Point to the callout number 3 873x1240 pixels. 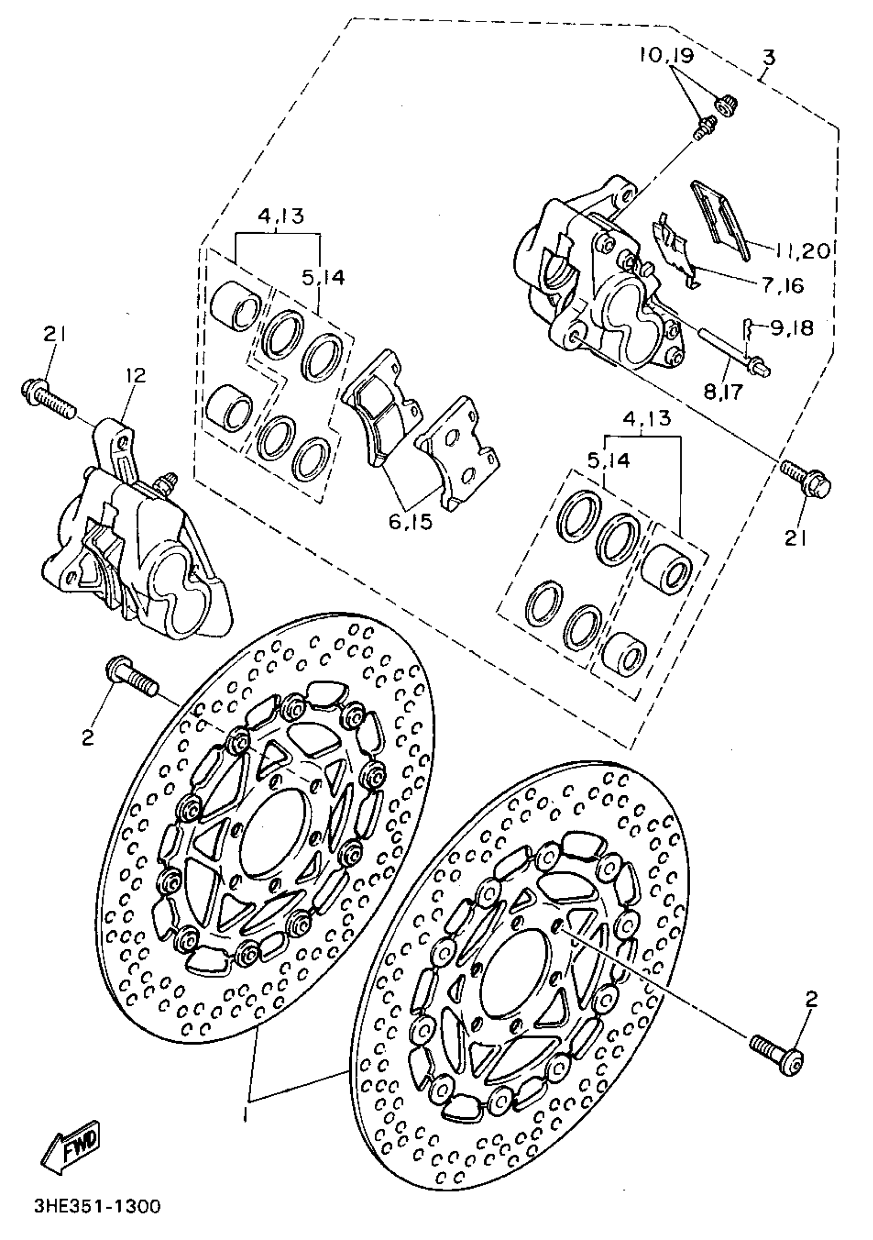coord(768,57)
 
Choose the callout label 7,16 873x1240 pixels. coord(782,285)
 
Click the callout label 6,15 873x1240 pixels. coord(410,522)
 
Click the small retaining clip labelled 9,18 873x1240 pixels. coord(747,327)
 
